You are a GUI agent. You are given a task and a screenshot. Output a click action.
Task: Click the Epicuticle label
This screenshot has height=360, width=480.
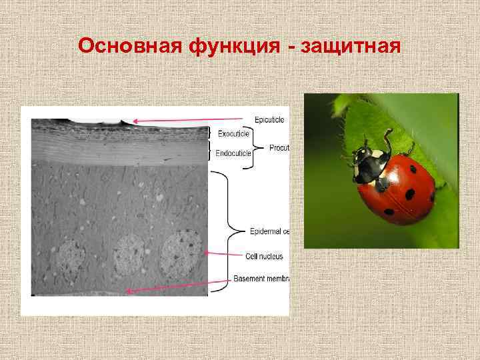tap(269, 119)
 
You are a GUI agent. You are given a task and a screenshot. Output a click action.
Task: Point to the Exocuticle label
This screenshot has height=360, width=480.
tap(233, 134)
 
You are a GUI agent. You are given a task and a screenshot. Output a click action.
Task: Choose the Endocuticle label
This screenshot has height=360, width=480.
tap(233, 153)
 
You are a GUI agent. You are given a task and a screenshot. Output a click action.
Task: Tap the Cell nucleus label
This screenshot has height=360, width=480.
tap(263, 256)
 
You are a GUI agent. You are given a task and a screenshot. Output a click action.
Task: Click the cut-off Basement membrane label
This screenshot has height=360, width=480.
tap(261, 278)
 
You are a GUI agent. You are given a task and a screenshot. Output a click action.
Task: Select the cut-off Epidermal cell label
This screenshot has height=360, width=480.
tap(268, 232)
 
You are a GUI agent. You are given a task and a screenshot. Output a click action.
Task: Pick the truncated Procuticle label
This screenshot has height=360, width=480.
tap(279, 147)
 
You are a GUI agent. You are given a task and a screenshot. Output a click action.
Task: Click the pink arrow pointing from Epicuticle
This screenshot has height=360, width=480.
tap(190, 121)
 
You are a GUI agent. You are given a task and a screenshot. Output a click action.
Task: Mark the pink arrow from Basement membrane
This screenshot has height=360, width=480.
tap(177, 285)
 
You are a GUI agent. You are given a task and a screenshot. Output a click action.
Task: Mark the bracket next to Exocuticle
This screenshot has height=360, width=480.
tap(213, 133)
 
